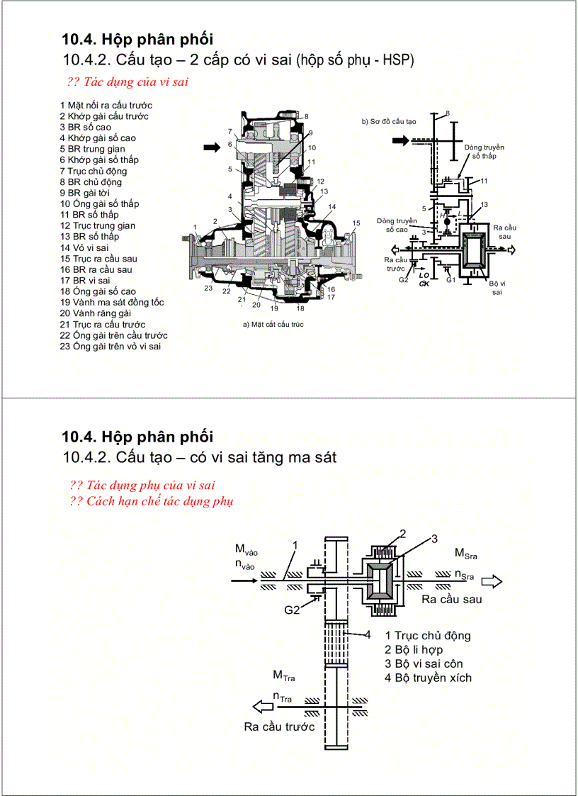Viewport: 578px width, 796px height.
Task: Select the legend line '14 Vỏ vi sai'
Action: point(84,247)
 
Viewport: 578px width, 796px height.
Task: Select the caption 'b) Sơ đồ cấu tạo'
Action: point(390,121)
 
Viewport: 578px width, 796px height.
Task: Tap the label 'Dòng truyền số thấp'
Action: point(484,151)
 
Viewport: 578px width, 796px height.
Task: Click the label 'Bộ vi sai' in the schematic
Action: point(497,287)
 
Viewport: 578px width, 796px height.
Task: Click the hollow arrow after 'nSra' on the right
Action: point(492,581)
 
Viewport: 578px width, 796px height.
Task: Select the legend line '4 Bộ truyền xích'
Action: point(428,678)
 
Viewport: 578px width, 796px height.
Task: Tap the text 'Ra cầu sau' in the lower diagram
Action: point(451,599)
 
